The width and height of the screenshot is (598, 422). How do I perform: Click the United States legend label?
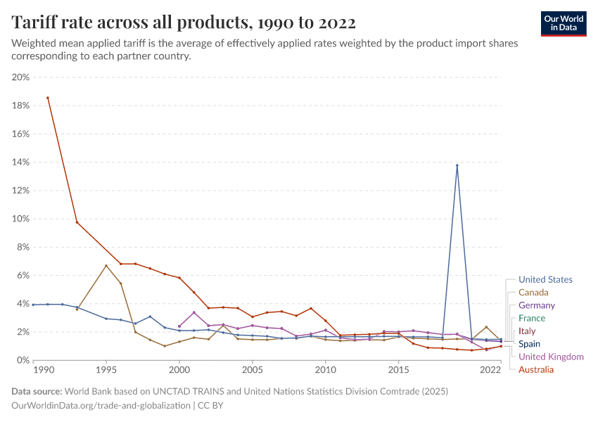point(545,279)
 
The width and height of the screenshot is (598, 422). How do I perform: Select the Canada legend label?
point(533,293)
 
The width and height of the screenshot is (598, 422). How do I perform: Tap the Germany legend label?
point(537,305)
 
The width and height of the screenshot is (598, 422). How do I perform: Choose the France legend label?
point(532,319)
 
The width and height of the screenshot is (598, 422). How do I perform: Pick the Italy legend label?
point(527,331)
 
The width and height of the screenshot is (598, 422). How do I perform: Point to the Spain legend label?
point(530,344)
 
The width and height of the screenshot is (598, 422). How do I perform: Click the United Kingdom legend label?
point(551,357)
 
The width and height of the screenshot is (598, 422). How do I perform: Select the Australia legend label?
point(536,370)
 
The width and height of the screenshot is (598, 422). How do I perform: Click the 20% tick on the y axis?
point(20,77)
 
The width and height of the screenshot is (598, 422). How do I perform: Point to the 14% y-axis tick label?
point(20,162)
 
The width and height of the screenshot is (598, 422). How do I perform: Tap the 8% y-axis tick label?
point(23,247)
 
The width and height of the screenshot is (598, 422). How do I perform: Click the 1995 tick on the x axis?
point(106,369)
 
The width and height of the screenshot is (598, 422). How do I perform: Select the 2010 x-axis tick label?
point(325,369)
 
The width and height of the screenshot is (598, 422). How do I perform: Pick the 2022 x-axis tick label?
point(490,369)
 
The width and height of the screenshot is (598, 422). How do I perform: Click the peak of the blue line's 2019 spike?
point(457,165)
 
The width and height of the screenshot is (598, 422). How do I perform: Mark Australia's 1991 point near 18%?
point(48,98)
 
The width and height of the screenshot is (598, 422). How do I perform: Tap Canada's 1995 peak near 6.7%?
point(106,265)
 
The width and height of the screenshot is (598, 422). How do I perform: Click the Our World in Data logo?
point(564,23)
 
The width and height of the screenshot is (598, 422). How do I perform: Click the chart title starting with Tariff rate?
point(184,23)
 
